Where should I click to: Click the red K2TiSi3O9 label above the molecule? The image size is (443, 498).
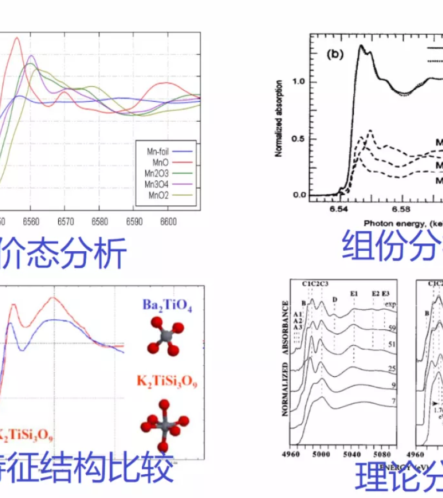click(x=166, y=382)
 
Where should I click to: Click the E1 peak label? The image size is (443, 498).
click(x=354, y=293)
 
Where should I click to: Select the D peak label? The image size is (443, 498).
click(x=334, y=299)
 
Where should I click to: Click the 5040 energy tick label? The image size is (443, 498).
click(x=353, y=455)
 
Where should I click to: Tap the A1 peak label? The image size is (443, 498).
click(x=297, y=313)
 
